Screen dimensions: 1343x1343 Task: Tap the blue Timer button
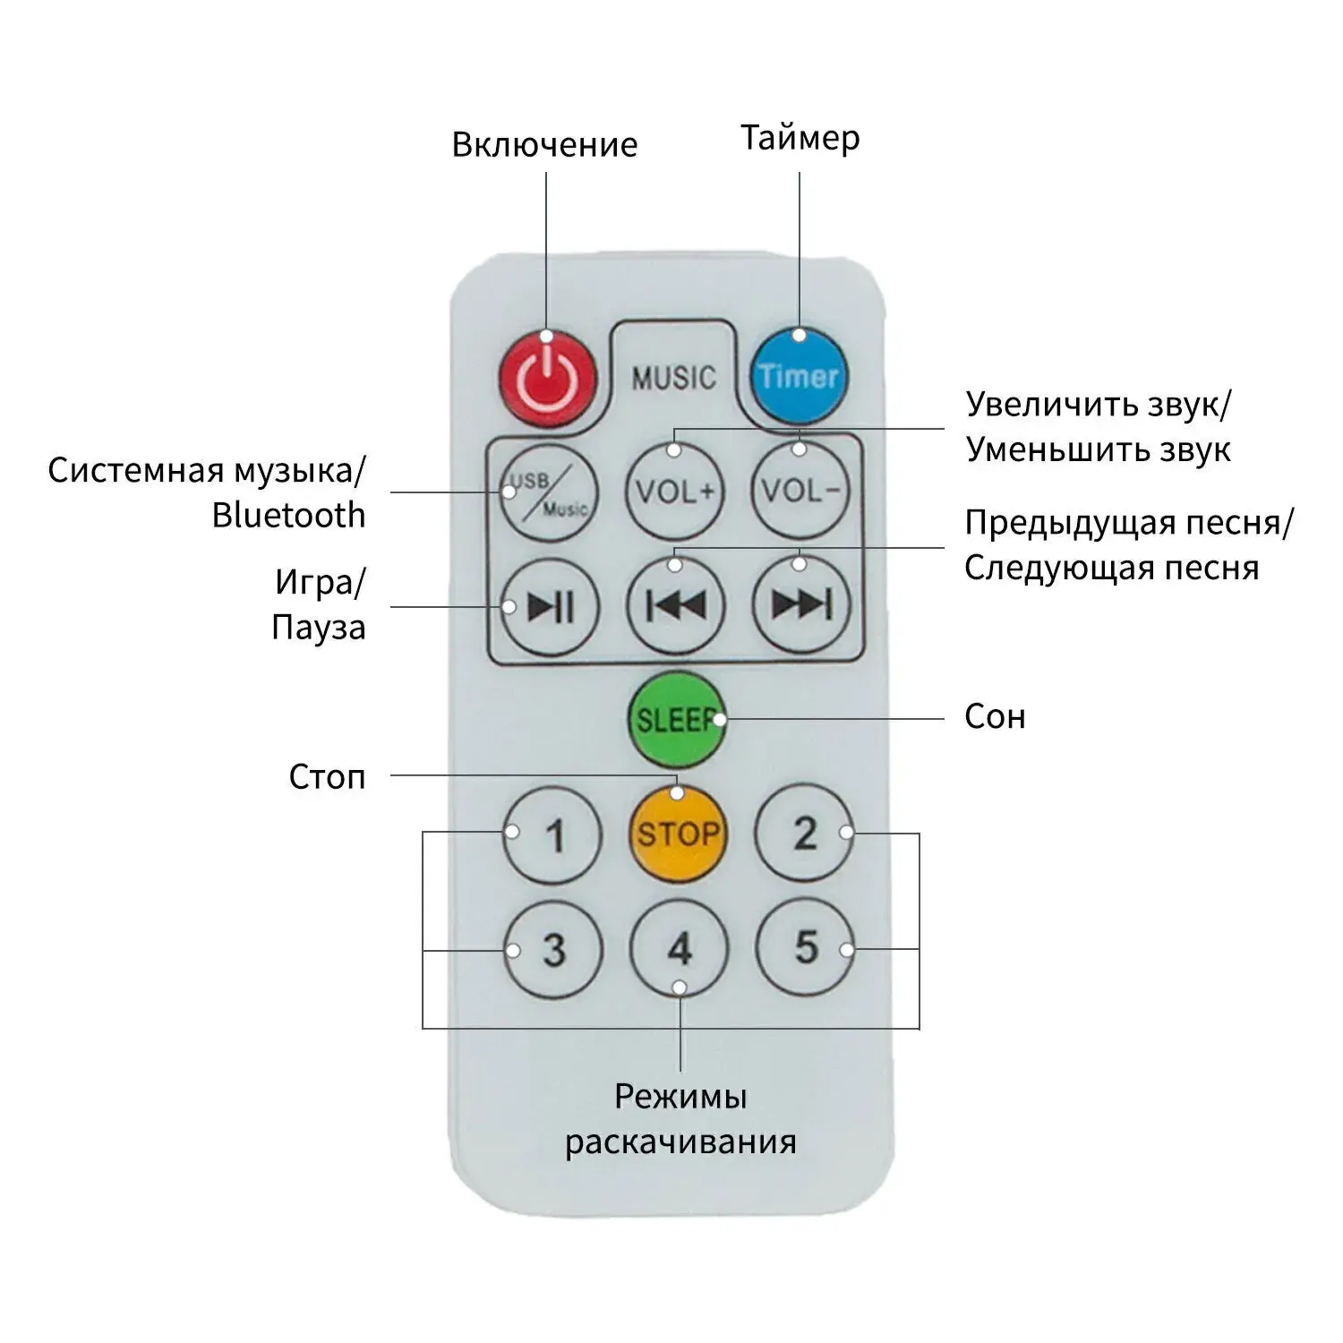pos(799,376)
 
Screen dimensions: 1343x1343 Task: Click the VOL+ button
pos(675,492)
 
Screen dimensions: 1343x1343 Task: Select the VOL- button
pos(800,491)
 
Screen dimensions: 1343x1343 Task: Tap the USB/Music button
pos(549,493)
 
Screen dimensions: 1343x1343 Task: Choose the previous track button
pos(676,606)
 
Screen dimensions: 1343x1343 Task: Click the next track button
pos(801,604)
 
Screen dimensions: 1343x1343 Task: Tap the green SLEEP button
pos(676,720)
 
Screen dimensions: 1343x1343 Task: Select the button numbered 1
pos(552,835)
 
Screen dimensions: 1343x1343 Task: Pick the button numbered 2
pos(805,834)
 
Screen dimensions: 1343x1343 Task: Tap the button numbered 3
pos(553,950)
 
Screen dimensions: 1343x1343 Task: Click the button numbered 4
pos(680,949)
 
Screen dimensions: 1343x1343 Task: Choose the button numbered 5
pos(806,947)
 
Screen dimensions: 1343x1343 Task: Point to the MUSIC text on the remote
pos(674,378)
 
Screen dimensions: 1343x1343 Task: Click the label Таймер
pos(800,138)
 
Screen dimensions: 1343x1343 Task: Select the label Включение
pos(544,144)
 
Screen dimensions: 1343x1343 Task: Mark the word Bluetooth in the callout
pos(289,515)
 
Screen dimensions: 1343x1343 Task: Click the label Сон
pos(995,716)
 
